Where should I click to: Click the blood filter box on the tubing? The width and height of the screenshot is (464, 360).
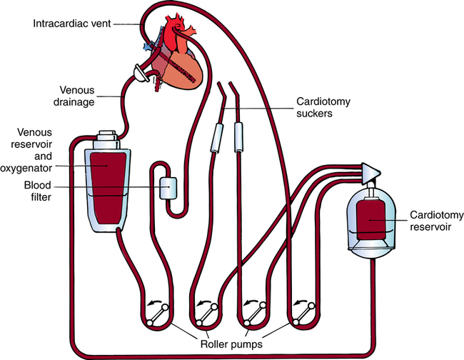169,187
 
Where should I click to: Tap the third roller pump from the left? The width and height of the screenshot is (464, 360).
255,314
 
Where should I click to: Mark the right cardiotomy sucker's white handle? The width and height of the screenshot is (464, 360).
239,136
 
